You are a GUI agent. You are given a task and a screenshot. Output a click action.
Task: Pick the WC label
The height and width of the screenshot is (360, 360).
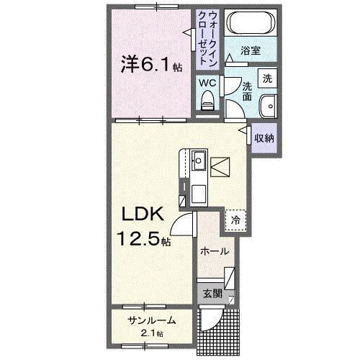(207, 84)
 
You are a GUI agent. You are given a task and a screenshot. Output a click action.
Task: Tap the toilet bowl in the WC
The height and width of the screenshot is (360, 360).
(208, 102)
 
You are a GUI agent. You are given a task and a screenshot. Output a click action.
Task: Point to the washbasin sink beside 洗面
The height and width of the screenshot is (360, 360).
(268, 103)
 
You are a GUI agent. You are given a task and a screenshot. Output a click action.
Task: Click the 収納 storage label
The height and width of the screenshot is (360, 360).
(264, 138)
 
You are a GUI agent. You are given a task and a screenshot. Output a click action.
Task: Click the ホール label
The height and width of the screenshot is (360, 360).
(215, 252)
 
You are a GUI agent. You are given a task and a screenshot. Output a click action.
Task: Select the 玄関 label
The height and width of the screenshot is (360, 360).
(211, 294)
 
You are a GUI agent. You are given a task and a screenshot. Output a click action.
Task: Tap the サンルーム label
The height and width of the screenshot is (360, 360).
(151, 320)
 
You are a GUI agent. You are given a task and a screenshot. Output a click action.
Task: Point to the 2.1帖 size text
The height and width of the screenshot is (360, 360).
(151, 333)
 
